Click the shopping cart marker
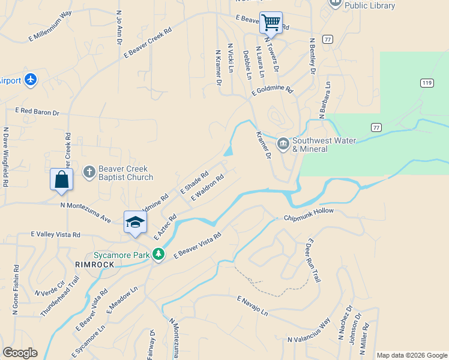[271, 23]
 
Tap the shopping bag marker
[61, 179]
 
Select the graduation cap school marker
[135, 222]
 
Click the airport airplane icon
[31, 80]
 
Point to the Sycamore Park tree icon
[158, 254]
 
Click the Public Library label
[369, 5]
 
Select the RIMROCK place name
[94, 264]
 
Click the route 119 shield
[427, 83]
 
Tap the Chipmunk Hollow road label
[308, 214]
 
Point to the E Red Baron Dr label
[37, 112]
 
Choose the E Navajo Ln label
[252, 306]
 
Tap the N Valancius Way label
[309, 332]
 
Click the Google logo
[20, 353]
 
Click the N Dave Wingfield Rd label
[5, 157]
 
